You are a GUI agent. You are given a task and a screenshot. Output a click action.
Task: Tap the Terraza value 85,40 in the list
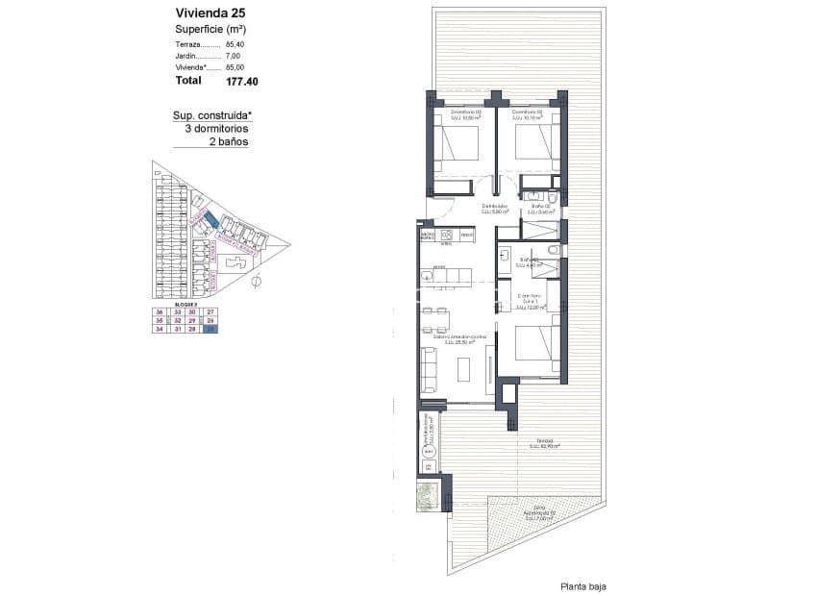click(235, 44)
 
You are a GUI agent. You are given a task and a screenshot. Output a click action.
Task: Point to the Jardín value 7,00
click(235, 56)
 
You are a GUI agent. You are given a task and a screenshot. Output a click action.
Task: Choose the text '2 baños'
click(228, 141)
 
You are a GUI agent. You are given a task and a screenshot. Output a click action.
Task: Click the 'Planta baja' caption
click(583, 586)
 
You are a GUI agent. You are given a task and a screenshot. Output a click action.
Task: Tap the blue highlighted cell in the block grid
click(211, 330)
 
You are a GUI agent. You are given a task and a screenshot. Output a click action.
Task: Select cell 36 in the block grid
click(159, 312)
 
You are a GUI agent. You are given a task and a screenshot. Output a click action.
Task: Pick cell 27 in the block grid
click(211, 312)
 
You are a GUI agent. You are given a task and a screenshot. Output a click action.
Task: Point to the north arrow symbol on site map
click(256, 282)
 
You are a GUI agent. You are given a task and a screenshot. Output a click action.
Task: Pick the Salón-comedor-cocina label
click(459, 338)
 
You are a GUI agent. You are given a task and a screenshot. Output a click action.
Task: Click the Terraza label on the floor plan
click(544, 443)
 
